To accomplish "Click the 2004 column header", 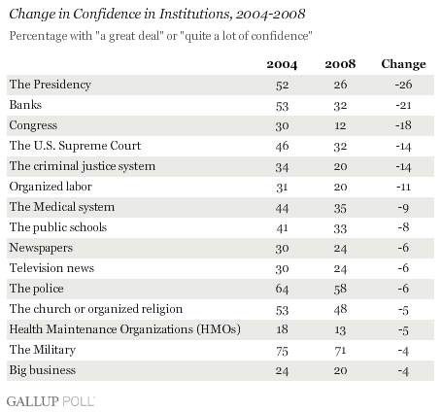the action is click(282, 64).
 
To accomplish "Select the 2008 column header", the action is click(340, 64).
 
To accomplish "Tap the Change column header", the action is click(403, 64).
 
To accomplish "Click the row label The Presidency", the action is click(51, 85).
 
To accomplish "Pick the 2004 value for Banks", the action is click(282, 106).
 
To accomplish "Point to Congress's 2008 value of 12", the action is click(340, 125).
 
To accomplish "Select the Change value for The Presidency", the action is click(403, 85).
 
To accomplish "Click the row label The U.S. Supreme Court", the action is click(75, 146).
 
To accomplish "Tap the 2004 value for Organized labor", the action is click(282, 188).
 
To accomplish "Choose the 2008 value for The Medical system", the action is click(340, 208).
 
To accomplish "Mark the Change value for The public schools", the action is click(403, 227).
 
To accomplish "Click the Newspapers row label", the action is click(41, 248).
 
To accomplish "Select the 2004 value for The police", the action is click(282, 289).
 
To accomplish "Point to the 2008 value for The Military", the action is click(340, 351).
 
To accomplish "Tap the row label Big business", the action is click(43, 370).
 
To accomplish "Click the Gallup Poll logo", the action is click(51, 401).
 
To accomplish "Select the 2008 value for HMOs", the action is click(340, 330).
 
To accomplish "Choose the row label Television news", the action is click(51, 268).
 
